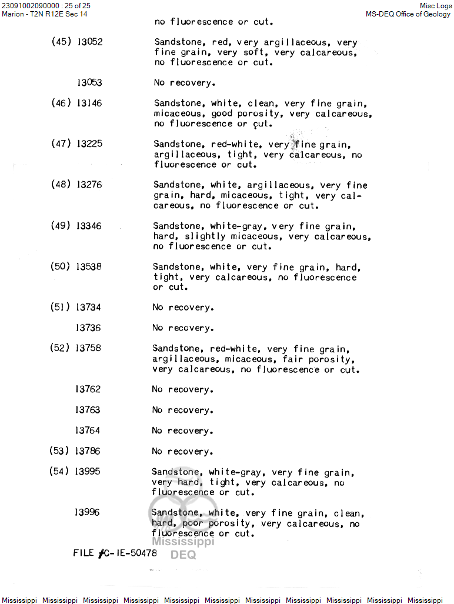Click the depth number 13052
pyautogui.click(x=90, y=42)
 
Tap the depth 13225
pyautogui.click(x=89, y=144)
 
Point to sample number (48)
pyautogui.click(x=61, y=185)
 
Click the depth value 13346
pyautogui.click(x=89, y=225)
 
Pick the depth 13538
pyautogui.click(x=89, y=266)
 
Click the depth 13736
pyautogui.click(x=88, y=328)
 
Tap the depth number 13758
pyautogui.click(x=88, y=348)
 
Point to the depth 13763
pyautogui.click(x=88, y=410)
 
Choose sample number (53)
pyautogui.click(x=59, y=451)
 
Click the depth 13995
pyautogui.click(x=88, y=472)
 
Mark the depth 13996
pyautogui.click(x=87, y=512)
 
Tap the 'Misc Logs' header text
pyautogui.click(x=436, y=5)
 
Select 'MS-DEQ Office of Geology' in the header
pyautogui.click(x=409, y=14)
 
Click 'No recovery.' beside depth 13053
pyautogui.click(x=185, y=82)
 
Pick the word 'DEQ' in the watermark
pyautogui.click(x=183, y=555)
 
